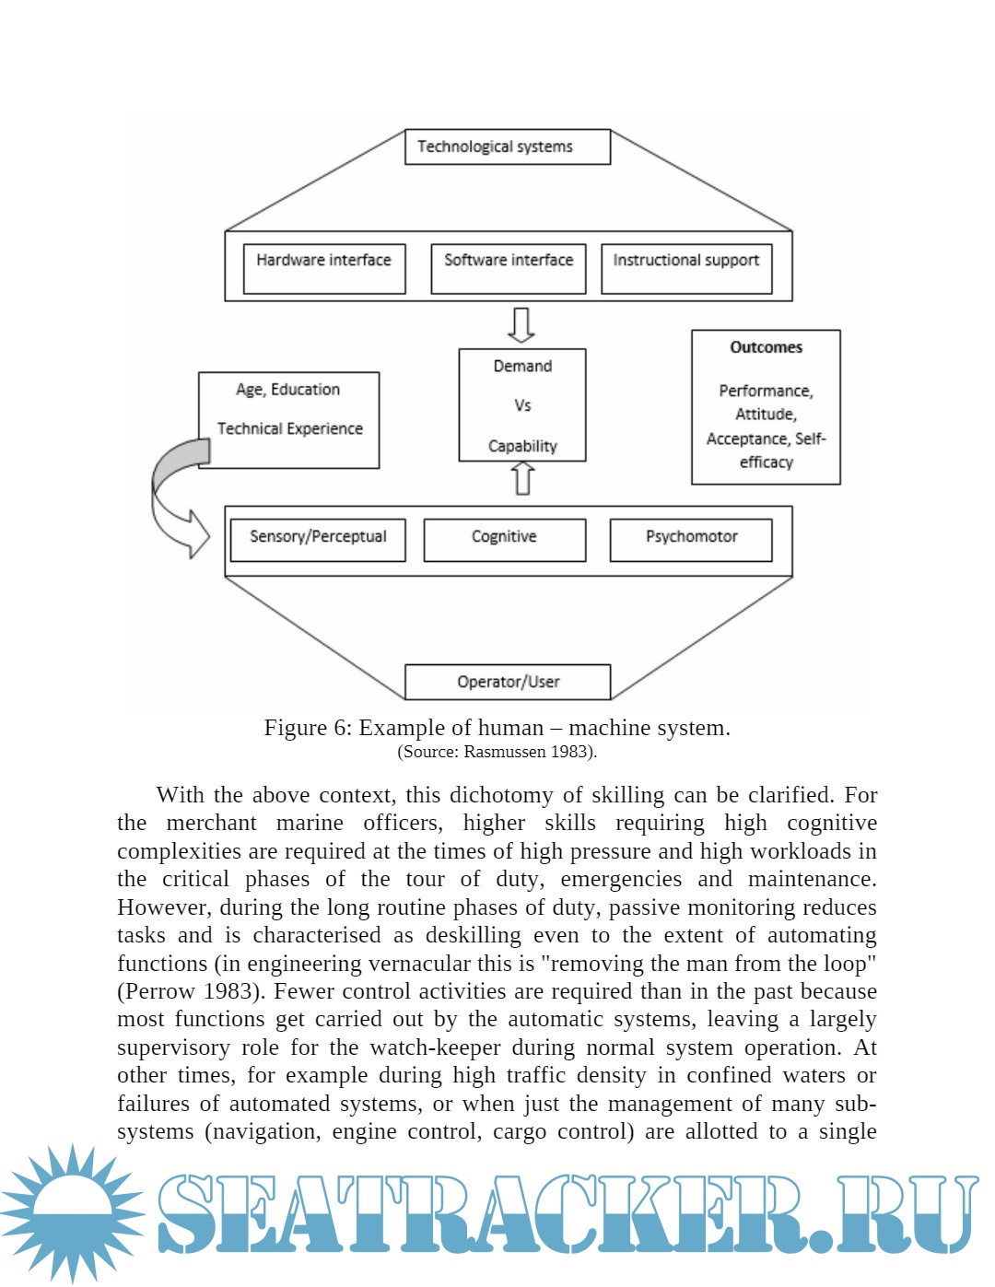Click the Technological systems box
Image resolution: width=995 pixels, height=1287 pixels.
508,147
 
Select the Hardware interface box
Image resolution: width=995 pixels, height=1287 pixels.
324,268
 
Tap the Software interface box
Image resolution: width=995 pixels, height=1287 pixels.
509,268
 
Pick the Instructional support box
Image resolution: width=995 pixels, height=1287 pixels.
686,268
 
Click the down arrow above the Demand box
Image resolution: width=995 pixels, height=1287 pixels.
522,325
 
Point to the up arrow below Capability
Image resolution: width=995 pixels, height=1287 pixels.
523,477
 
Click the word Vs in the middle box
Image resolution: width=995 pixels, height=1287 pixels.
522,405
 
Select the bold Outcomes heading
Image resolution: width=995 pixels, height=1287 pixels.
766,347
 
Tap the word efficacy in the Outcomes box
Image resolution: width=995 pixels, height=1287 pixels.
766,462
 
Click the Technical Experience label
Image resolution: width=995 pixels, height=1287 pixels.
290,428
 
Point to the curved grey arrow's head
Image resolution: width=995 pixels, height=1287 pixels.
196,533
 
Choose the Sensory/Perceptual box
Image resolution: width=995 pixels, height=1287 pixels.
318,539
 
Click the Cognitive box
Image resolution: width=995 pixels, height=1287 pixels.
504,539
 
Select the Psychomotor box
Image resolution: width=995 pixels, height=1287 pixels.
691,539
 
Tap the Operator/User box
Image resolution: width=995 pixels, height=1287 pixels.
508,682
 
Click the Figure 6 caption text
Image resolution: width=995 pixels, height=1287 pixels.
497,728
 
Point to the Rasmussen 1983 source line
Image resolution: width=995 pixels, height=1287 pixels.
497,752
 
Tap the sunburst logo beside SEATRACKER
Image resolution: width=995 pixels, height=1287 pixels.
72,1211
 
